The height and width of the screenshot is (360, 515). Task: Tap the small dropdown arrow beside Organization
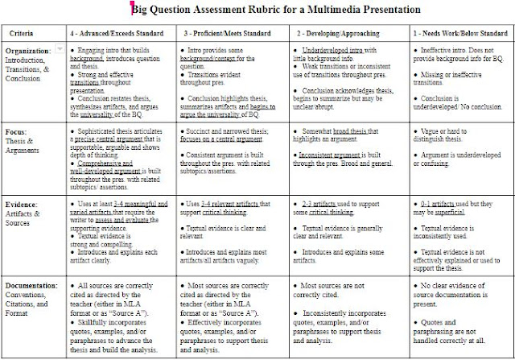click(x=60, y=50)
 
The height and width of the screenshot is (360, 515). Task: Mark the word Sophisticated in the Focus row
click(x=103, y=129)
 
